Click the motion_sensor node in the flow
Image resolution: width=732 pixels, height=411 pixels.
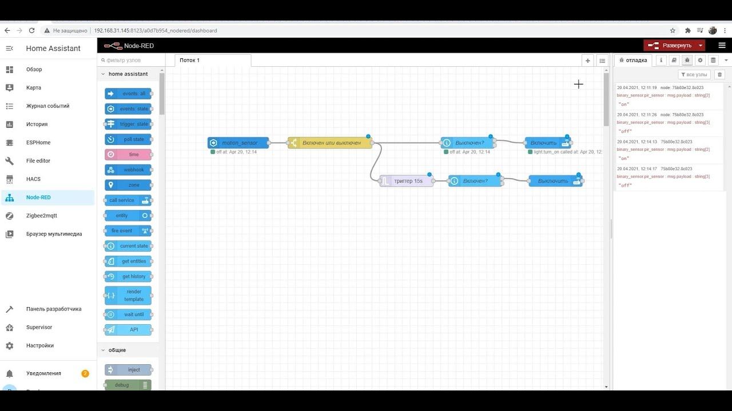(x=238, y=143)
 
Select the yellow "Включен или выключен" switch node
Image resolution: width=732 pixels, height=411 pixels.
(x=331, y=143)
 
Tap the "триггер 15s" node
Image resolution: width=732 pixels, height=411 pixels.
(x=407, y=181)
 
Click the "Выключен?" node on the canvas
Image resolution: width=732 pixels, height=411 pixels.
(x=468, y=143)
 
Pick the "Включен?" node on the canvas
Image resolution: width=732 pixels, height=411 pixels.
(x=475, y=181)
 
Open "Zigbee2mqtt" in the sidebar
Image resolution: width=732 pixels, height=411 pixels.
(x=42, y=215)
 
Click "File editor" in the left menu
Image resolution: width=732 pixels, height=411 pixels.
(x=38, y=160)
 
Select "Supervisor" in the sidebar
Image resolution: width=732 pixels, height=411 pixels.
(x=39, y=327)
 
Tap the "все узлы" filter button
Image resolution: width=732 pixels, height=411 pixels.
(x=694, y=75)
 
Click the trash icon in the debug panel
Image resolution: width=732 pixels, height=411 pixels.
(x=720, y=75)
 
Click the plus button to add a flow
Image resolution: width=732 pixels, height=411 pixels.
(x=587, y=60)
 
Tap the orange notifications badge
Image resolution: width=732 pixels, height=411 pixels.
(x=85, y=373)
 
